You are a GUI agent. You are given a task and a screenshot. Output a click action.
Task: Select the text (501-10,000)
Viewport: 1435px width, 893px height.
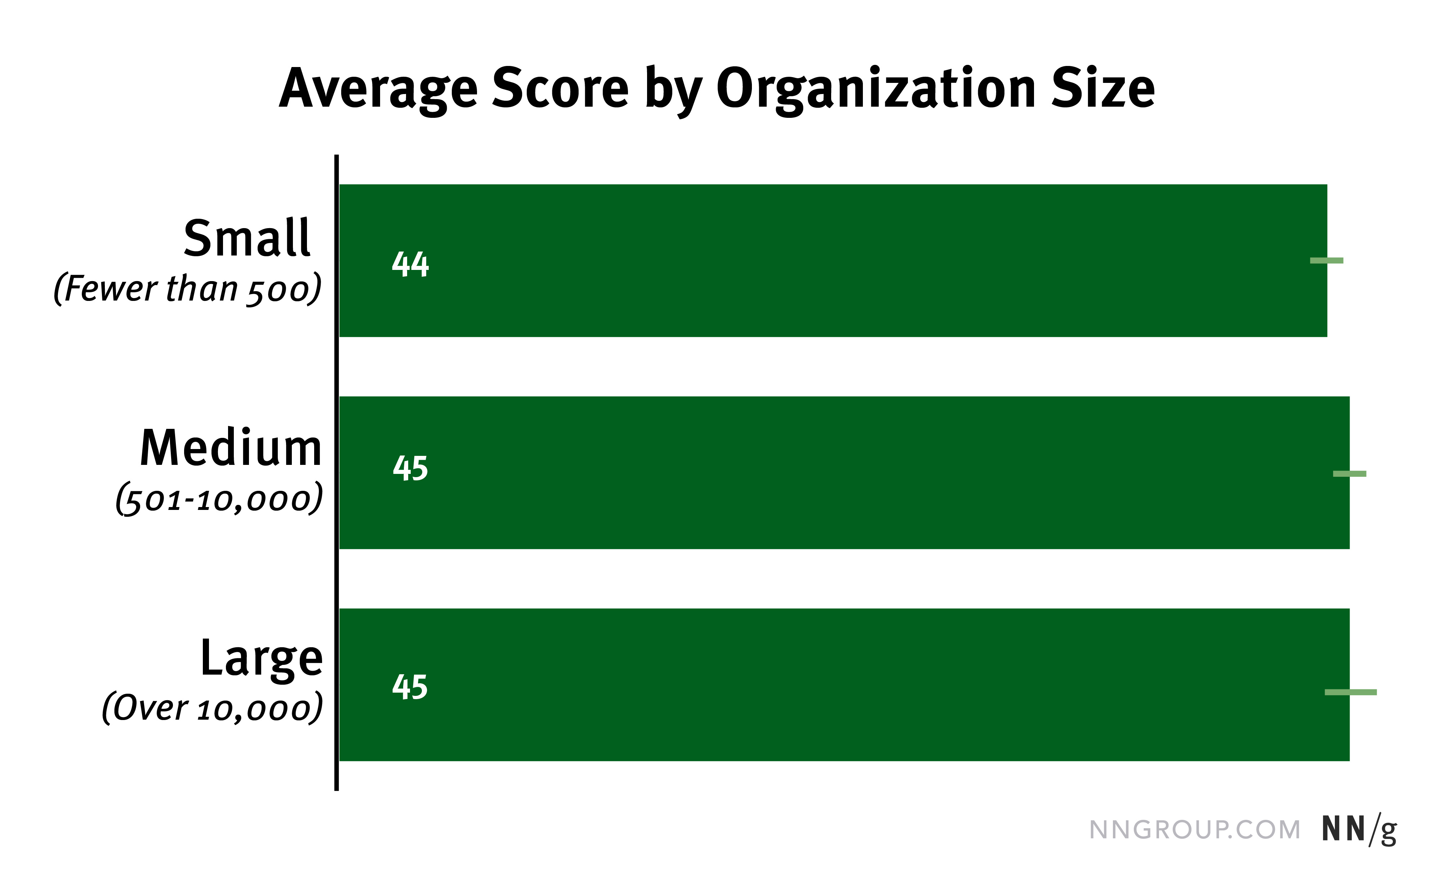(219, 499)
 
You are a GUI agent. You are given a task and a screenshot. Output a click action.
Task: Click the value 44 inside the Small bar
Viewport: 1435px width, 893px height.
(410, 264)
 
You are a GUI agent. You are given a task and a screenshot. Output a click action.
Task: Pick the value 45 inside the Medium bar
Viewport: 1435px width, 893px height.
(410, 469)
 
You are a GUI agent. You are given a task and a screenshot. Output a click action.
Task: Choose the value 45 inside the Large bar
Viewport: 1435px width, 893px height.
(410, 687)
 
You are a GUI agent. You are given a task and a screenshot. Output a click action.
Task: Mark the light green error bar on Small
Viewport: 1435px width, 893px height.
(1327, 261)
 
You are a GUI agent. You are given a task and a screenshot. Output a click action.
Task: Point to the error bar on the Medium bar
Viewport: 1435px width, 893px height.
(1349, 474)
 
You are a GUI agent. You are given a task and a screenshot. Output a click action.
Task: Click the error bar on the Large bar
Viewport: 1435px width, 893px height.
(1351, 692)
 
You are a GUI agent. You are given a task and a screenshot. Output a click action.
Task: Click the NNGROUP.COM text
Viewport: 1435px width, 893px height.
(1195, 830)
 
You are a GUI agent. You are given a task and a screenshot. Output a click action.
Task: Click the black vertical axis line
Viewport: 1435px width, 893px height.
(337, 472)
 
